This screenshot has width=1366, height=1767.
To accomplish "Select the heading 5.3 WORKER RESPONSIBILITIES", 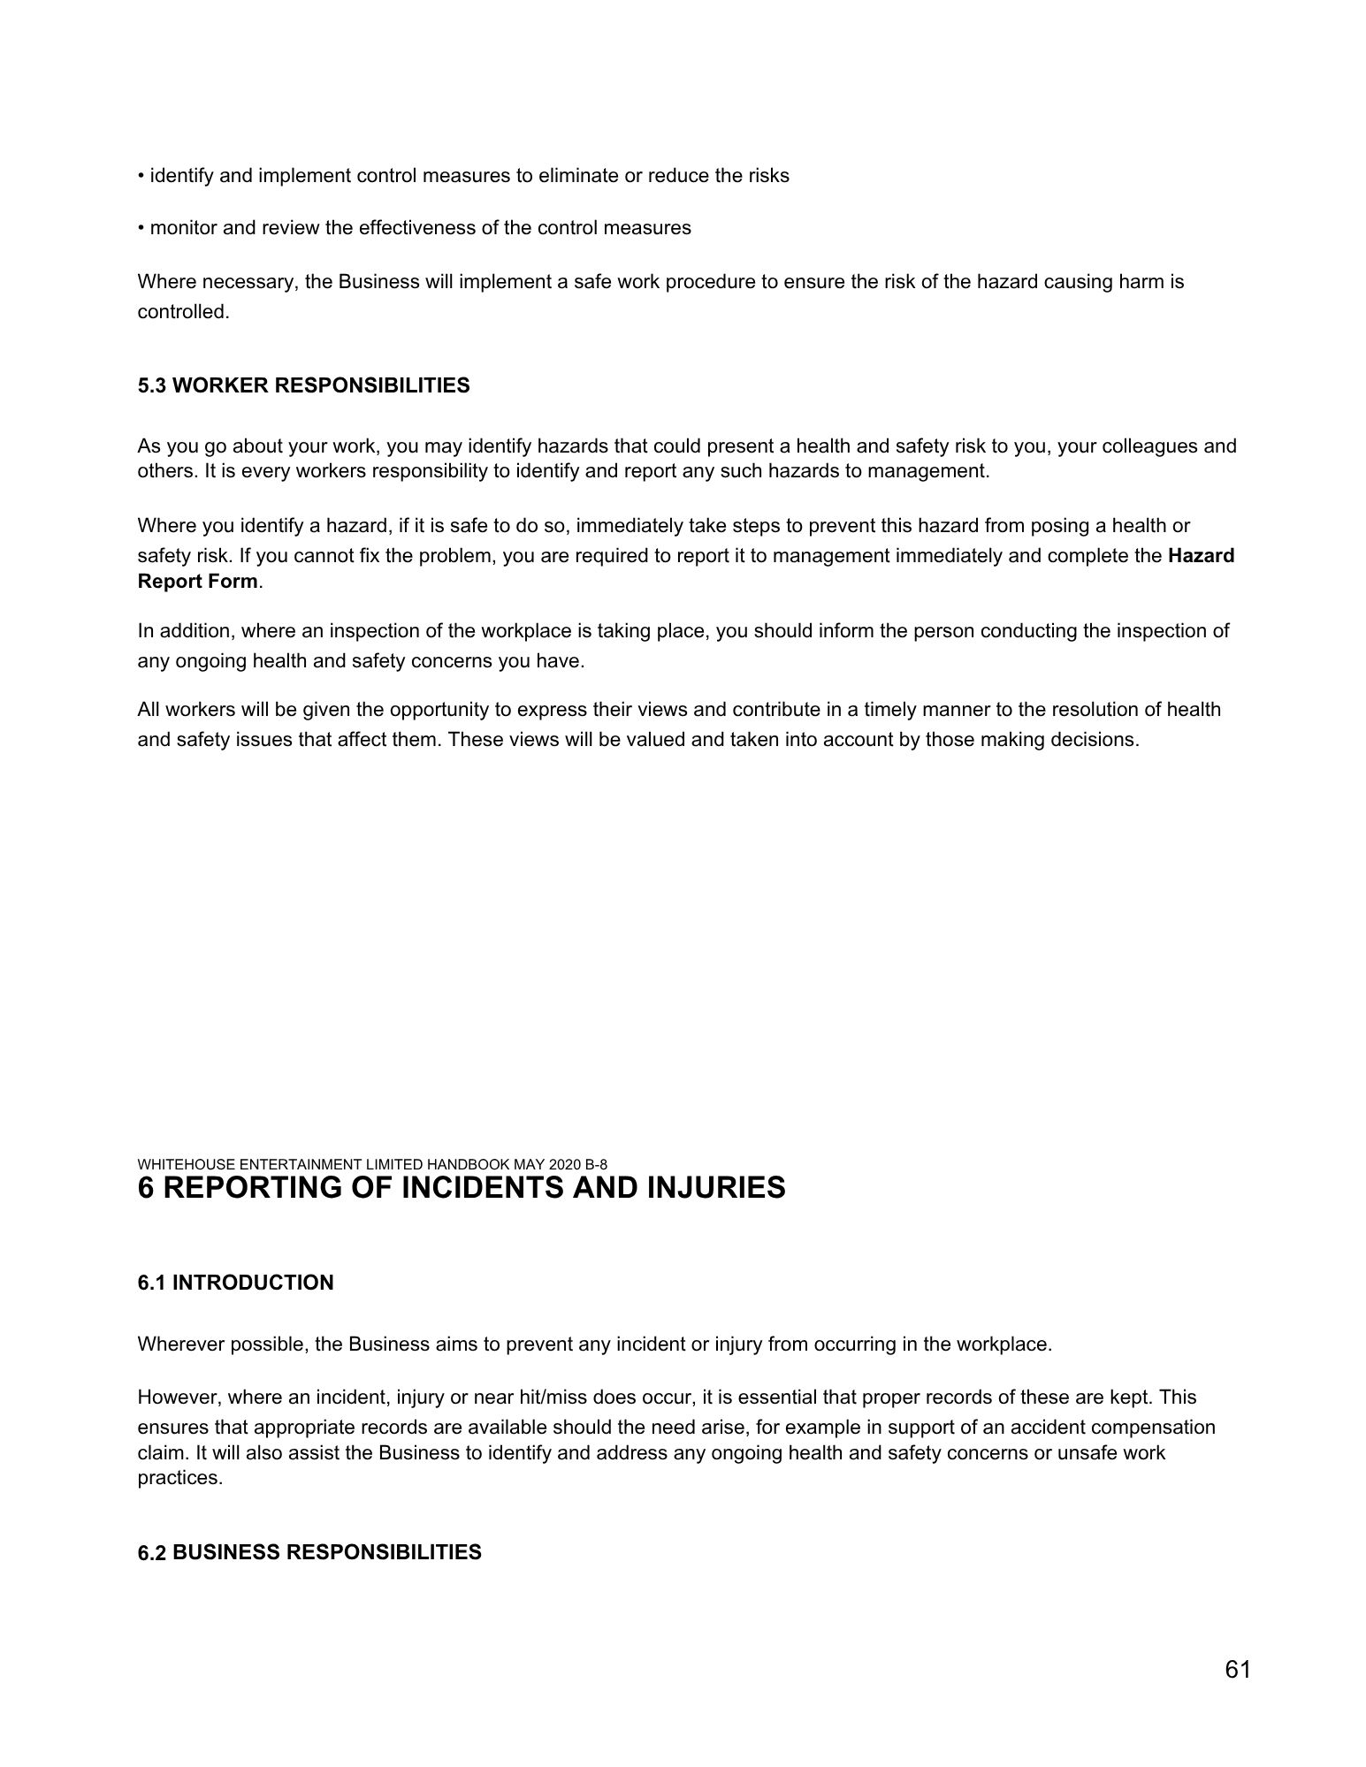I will (x=303, y=386).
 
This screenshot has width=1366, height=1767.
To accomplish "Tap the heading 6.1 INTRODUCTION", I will (x=235, y=1283).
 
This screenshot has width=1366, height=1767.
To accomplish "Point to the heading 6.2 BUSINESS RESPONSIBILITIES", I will (x=309, y=1552).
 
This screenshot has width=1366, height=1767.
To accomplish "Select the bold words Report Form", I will (x=198, y=582).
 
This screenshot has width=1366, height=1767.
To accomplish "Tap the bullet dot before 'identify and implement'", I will (x=141, y=176).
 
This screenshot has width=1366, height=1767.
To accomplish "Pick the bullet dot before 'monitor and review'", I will (x=141, y=228).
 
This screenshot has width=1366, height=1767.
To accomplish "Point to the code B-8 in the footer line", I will (x=595, y=1164).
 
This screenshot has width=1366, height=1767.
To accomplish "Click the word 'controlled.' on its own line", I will (x=183, y=312).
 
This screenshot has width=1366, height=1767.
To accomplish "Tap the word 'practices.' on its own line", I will (x=179, y=1478).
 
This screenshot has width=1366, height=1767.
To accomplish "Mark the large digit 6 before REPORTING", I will (x=147, y=1188).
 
